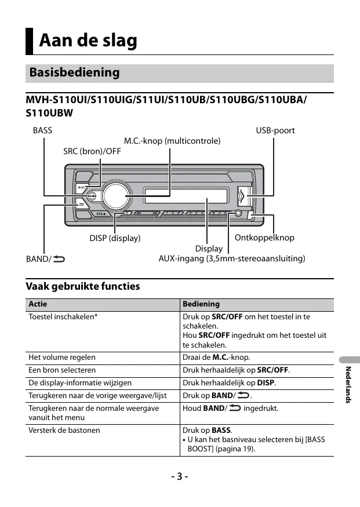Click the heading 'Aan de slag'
[88, 41]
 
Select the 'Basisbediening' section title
[74, 73]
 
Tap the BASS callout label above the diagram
[42, 130]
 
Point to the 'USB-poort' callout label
[275, 130]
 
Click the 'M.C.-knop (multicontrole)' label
[172, 141]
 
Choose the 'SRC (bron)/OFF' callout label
[92, 151]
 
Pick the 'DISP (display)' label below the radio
[115, 238]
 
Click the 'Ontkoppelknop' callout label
[264, 238]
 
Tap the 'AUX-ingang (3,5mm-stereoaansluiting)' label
[232, 258]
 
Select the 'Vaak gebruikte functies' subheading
[83, 286]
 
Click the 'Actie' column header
[38, 304]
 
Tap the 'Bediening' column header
[201, 304]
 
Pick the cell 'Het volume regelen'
[62, 358]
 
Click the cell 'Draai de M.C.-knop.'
[216, 358]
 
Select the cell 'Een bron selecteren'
[62, 370]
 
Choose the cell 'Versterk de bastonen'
[64, 430]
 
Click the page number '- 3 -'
[180, 476]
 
